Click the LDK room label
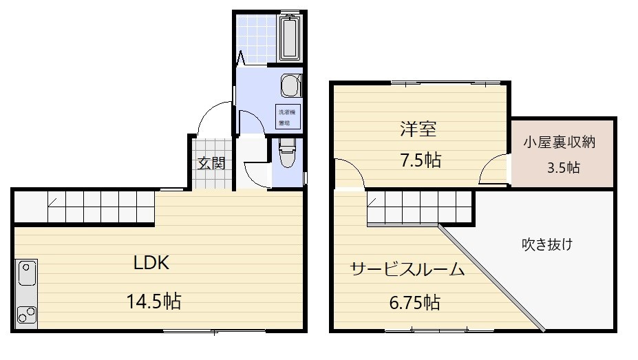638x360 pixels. tap(151, 262)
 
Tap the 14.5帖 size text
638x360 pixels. tap(153, 301)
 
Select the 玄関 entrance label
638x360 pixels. tap(212, 163)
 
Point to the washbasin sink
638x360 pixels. tap(290, 87)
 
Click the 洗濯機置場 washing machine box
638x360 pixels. tap(287, 118)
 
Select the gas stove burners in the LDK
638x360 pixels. tap(27, 314)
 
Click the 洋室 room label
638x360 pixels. tap(419, 129)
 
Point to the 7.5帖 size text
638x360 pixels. tap(421, 160)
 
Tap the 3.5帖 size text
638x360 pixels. tap(563, 167)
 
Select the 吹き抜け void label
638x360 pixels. tap(547, 244)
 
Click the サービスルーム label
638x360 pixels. tap(407, 268)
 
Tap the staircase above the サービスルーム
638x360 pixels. tap(420, 206)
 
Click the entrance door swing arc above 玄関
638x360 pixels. tap(214, 118)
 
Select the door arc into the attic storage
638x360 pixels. tap(494, 170)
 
